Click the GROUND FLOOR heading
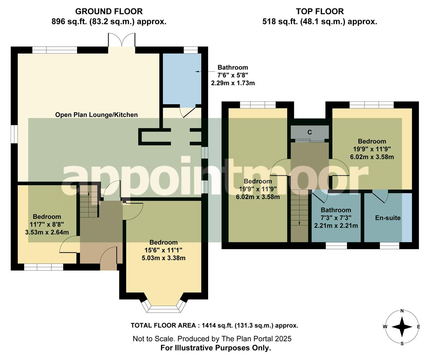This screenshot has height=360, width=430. (x=109, y=11)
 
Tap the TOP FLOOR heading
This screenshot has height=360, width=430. (x=320, y=11)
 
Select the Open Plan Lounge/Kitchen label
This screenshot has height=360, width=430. (x=96, y=115)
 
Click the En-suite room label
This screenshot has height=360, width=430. (x=388, y=218)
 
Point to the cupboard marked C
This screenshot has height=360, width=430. (x=310, y=132)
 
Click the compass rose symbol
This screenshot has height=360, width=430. (x=402, y=327)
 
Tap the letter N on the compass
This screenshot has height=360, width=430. (x=402, y=311)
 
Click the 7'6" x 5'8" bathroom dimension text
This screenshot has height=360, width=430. (x=233, y=75)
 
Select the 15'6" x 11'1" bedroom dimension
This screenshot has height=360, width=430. (x=163, y=250)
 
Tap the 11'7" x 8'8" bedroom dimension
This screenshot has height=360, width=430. (x=47, y=224)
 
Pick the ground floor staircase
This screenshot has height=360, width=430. (x=89, y=200)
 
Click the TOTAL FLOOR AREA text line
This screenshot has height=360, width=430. (x=214, y=326)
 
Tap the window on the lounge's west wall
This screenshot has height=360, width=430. (x=14, y=134)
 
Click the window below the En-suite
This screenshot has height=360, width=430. (x=390, y=246)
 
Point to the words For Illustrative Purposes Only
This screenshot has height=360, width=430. (x=216, y=348)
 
